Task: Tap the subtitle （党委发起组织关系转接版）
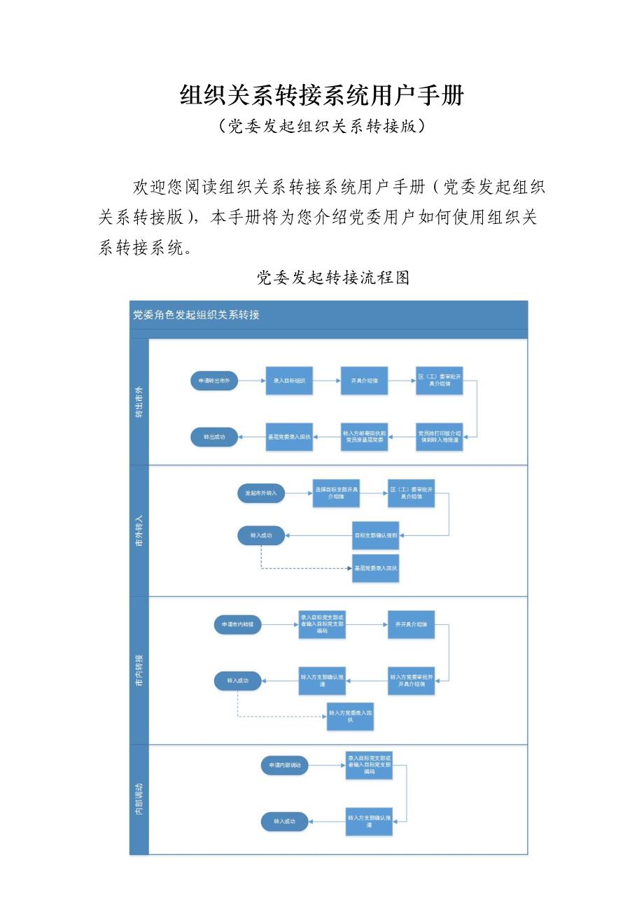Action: [322, 127]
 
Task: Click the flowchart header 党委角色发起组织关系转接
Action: [196, 315]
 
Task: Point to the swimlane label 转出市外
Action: [139, 403]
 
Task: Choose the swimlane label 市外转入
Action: [139, 530]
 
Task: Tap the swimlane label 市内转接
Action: [139, 670]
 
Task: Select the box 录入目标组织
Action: [288, 381]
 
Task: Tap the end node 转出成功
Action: [214, 437]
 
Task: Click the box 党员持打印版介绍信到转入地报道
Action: [440, 437]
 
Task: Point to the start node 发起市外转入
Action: [261, 493]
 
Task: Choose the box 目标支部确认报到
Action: [375, 535]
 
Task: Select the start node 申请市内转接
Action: [237, 624]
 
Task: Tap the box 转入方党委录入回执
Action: [350, 716]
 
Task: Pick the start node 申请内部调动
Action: [284, 765]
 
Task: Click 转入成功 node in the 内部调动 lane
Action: [284, 821]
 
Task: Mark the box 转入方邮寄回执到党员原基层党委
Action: [364, 437]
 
